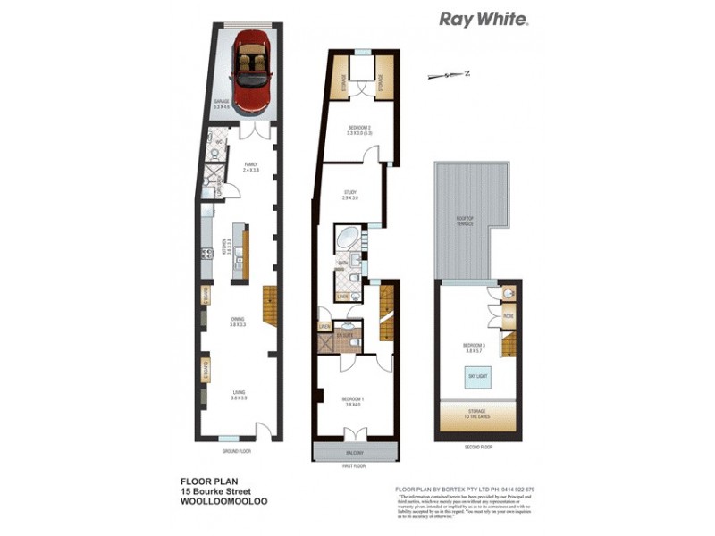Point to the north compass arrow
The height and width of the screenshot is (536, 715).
(x=447, y=75)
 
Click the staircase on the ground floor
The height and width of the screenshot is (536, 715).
(x=270, y=305)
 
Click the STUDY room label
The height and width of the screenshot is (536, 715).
(x=350, y=194)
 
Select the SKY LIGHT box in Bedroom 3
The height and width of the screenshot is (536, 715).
(x=476, y=379)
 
